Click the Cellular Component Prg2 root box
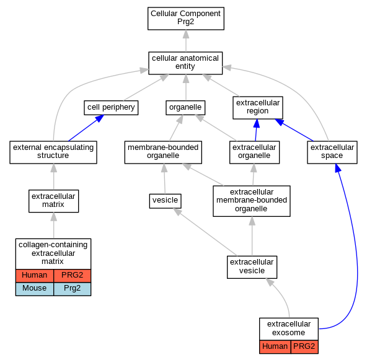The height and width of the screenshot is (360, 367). click(186, 19)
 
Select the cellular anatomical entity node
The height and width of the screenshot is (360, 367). click(185, 63)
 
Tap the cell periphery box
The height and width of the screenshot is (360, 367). click(111, 108)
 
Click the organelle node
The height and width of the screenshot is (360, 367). click(185, 108)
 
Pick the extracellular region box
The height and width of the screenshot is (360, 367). click(258, 108)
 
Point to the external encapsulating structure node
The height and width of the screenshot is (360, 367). click(53, 152)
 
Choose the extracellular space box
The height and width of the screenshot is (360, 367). click(332, 152)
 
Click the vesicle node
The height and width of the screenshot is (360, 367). click(166, 201)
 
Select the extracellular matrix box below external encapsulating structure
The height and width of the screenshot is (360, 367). click(53, 201)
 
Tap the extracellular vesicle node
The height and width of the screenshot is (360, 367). click(252, 267)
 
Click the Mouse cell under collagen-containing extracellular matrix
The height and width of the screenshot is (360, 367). click(35, 289)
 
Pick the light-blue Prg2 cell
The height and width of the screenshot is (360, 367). click(73, 289)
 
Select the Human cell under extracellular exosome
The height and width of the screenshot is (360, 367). click(275, 346)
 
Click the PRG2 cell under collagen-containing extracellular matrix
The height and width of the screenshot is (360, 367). click(73, 276)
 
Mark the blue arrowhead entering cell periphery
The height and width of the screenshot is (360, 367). click(99, 118)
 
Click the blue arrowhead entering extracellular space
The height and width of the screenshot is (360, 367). click(338, 168)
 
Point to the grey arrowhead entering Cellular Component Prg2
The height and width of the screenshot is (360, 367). click(186, 34)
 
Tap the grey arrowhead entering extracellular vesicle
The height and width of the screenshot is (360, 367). click(270, 282)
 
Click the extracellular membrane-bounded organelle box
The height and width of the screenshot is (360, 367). click(252, 201)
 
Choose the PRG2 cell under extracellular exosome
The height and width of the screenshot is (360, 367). click(304, 346)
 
